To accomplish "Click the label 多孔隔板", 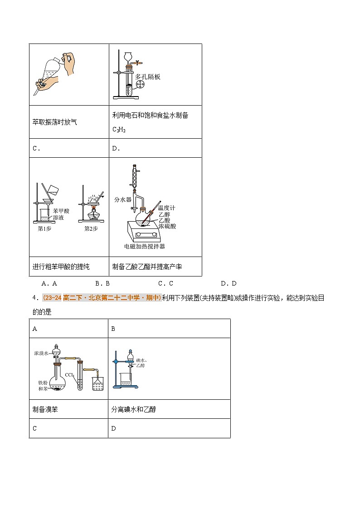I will click(148, 77).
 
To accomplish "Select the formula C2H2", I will click(119, 130).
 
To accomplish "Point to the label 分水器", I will click(122, 199).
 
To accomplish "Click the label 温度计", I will click(166, 208).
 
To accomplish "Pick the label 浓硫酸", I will click(166, 225).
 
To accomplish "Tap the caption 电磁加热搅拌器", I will click(145, 246).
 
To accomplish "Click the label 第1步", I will click(44, 228).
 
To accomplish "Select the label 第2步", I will click(91, 228).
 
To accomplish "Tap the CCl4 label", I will click(69, 375).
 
